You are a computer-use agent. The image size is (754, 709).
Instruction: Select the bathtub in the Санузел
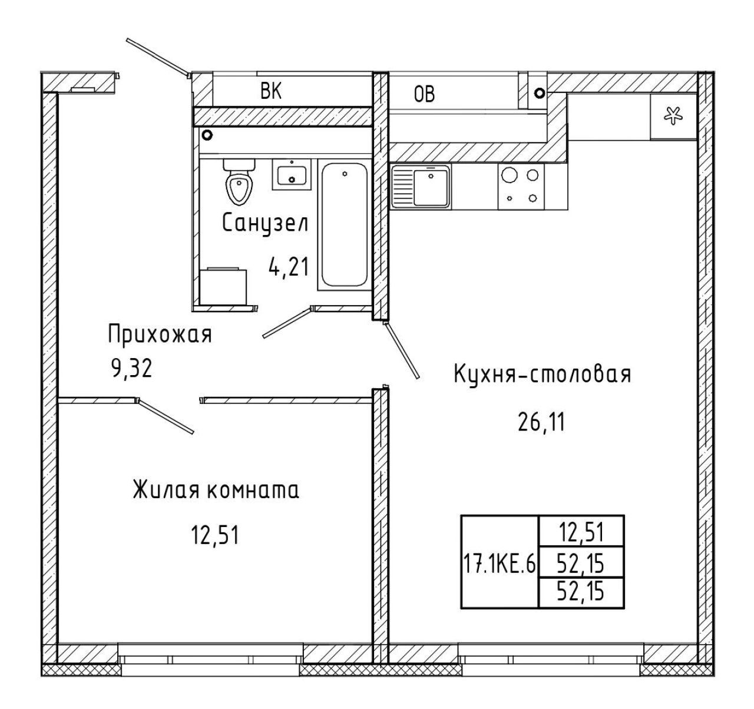click(344, 226)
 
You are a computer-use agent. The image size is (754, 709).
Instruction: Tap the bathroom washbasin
click(291, 174)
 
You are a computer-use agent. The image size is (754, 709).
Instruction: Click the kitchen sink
click(421, 186)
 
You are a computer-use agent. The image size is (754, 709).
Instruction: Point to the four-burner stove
click(521, 186)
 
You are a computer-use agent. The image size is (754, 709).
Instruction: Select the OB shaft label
click(424, 94)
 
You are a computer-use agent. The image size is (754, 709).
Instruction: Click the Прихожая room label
click(160, 335)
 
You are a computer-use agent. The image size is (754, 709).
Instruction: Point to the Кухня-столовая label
click(543, 374)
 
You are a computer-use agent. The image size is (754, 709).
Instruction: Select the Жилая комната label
click(216, 490)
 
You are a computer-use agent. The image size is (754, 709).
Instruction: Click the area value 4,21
click(289, 267)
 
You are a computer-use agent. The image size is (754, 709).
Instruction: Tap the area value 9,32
click(132, 369)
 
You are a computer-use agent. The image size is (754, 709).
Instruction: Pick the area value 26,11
click(541, 422)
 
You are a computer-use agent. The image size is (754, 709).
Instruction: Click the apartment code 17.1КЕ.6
click(500, 565)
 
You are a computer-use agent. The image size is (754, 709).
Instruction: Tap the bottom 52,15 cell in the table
click(581, 593)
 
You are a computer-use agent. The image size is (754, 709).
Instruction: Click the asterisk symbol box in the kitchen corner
click(674, 116)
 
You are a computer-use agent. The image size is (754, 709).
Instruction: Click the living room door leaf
click(166, 416)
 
